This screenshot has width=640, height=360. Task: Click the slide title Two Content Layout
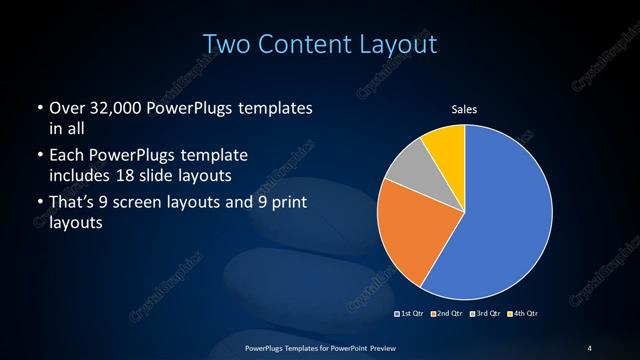coord(320,45)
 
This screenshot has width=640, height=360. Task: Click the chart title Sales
coord(464,109)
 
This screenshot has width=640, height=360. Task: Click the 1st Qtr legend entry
coord(411,314)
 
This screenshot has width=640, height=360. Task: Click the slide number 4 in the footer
coord(589,347)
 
